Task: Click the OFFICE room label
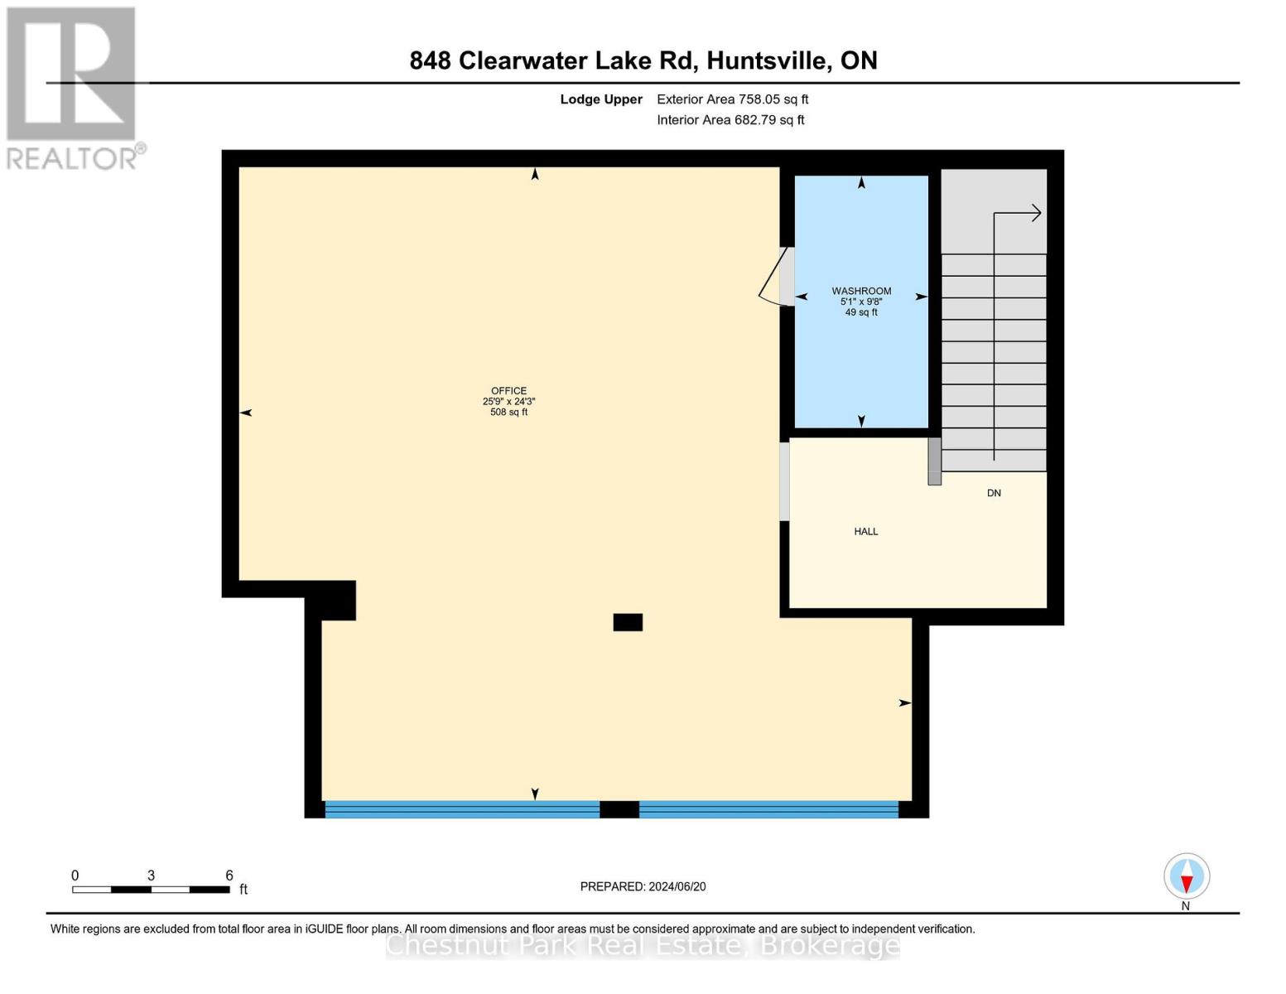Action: point(508,391)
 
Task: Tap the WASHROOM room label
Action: point(861,292)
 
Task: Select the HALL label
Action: point(866,532)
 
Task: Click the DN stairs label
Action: point(994,493)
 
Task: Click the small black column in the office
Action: point(628,622)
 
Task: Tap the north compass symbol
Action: point(1187,876)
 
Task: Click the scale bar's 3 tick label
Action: point(151,876)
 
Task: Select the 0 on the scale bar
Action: point(75,876)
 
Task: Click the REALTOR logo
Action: point(73,87)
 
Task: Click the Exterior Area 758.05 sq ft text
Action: point(732,99)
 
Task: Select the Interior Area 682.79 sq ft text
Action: point(730,120)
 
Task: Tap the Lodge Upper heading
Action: point(601,99)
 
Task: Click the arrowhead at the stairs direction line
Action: point(1035,214)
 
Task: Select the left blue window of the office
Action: point(462,809)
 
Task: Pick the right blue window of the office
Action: point(768,809)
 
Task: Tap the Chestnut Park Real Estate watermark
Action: point(643,945)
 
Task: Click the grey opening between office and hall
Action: point(784,481)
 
